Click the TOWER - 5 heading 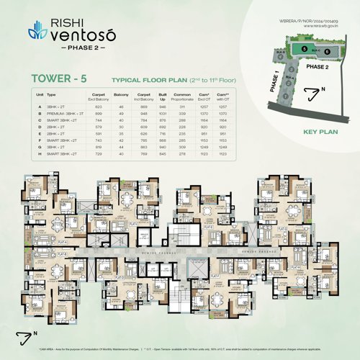(55, 78)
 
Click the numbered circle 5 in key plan (305, 48)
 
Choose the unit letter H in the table (39, 154)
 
